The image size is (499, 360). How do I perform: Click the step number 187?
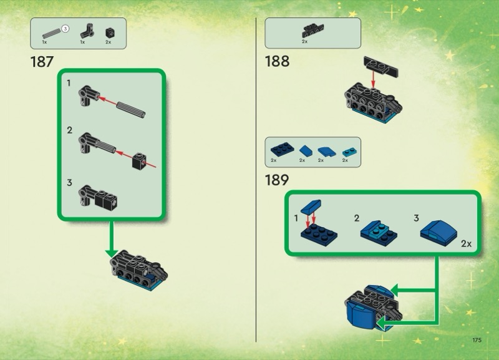coord(42,62)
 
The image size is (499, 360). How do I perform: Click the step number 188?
coord(277,61)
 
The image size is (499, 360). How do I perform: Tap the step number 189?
coord(277,180)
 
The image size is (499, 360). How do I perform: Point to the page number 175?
coord(477,340)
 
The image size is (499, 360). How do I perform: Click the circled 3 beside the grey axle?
coord(65,29)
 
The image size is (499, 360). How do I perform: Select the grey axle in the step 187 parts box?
coord(52,34)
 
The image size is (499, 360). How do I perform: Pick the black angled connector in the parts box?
coord(87,31)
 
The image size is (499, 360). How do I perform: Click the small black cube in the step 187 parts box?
coord(110,33)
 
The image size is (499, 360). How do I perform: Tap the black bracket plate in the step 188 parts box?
coord(312,31)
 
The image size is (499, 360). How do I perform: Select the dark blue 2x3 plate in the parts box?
coord(283,149)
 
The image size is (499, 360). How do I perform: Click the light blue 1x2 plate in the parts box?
coord(350,152)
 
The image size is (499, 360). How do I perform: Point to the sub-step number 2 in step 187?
coord(70,130)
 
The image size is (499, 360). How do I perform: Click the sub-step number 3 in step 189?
coord(416,218)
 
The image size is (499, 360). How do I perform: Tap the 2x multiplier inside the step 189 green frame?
coord(466,244)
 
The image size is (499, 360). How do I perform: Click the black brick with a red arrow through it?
coord(139,162)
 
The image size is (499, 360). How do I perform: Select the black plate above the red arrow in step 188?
coord(381,67)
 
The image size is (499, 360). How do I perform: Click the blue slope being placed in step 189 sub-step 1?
coord(311,207)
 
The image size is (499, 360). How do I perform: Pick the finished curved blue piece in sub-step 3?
coord(438,233)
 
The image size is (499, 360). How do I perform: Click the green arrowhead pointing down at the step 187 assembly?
coord(112,253)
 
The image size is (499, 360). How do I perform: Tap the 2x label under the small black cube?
coord(108,42)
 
